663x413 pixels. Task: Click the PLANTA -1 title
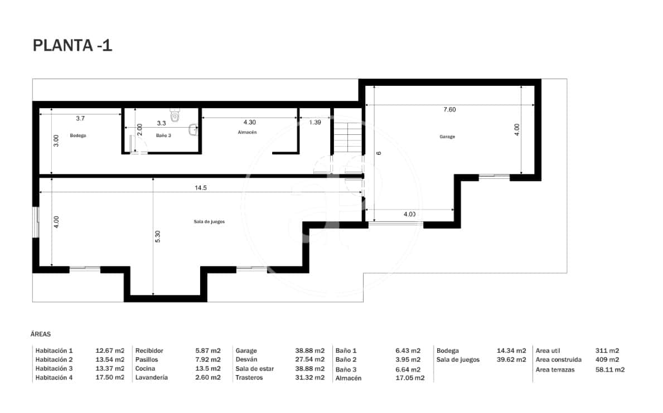[72, 46]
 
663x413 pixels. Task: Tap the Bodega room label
[78, 135]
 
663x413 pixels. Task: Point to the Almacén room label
[247, 132]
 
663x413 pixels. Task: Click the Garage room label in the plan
[447, 137]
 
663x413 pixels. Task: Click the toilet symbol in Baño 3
[175, 115]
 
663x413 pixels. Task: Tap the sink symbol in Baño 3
[193, 130]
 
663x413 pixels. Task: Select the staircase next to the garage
[348, 138]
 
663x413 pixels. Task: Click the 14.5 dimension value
[201, 188]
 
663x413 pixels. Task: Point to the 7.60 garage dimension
[449, 109]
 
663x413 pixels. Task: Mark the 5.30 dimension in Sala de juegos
[158, 236]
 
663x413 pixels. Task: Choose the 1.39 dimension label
[314, 122]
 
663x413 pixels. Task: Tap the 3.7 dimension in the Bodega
[80, 118]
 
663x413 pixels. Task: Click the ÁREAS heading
[41, 334]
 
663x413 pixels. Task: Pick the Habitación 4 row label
[54, 378]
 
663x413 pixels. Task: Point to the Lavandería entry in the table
[151, 378]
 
